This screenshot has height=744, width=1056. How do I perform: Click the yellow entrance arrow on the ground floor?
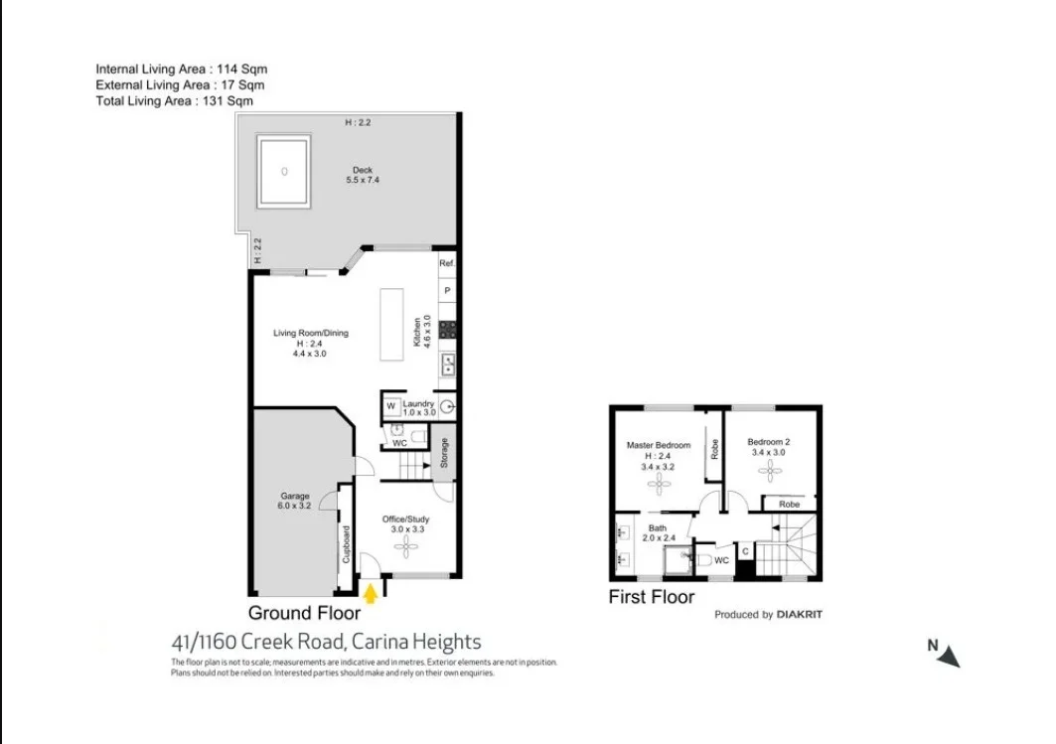372,593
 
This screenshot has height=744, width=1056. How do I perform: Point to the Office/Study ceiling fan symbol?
405,545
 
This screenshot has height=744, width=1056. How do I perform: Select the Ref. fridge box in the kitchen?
447,263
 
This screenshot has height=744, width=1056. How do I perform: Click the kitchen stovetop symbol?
447,329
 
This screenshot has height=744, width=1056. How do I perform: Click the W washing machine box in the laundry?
391,406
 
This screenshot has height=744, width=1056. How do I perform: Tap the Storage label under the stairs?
444,453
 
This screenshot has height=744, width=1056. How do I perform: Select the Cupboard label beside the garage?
346,544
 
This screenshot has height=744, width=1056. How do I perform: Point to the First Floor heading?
652,597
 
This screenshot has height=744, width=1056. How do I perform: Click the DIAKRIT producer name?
800,615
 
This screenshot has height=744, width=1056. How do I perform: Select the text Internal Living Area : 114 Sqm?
182,70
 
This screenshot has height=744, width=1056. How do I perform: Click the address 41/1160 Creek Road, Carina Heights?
327,642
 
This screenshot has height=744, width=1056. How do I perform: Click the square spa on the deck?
284,171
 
